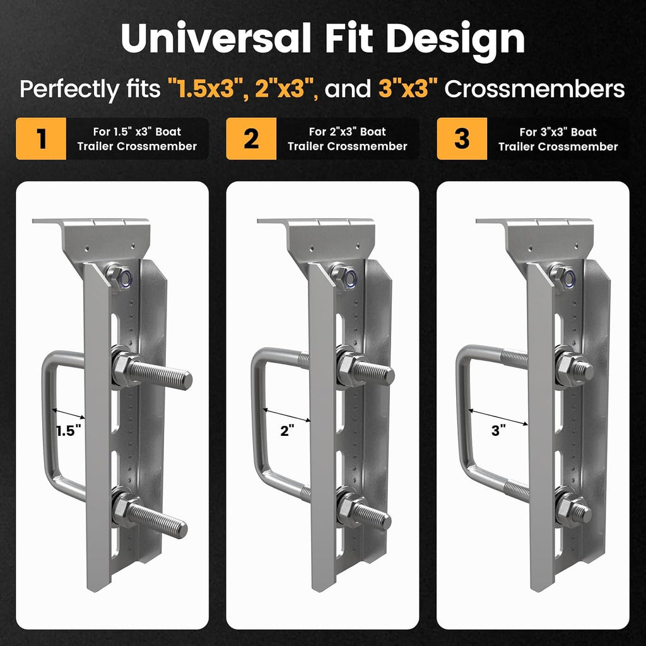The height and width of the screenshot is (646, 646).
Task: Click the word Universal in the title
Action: coord(216,38)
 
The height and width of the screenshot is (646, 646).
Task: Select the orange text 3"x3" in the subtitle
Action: coord(408,88)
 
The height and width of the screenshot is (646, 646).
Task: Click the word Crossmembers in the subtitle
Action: coord(534,88)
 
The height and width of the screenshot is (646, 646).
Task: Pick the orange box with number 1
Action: coord(41,138)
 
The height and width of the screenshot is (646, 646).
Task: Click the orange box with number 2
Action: coord(251,138)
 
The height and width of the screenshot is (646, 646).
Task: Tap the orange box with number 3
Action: coord(461,138)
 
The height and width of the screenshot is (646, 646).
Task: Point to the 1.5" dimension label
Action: coord(68,431)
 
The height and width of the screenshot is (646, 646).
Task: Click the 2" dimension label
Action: coord(287,431)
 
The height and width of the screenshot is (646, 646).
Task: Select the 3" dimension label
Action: coord(498,430)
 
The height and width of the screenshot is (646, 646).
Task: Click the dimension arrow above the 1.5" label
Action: coord(68,414)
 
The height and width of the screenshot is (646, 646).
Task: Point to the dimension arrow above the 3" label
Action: coord(498,416)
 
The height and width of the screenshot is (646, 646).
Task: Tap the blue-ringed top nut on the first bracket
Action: coord(119,276)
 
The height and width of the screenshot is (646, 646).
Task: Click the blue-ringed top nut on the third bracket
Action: coord(563,276)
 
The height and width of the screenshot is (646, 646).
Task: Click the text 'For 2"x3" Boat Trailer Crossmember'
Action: coord(348,139)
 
